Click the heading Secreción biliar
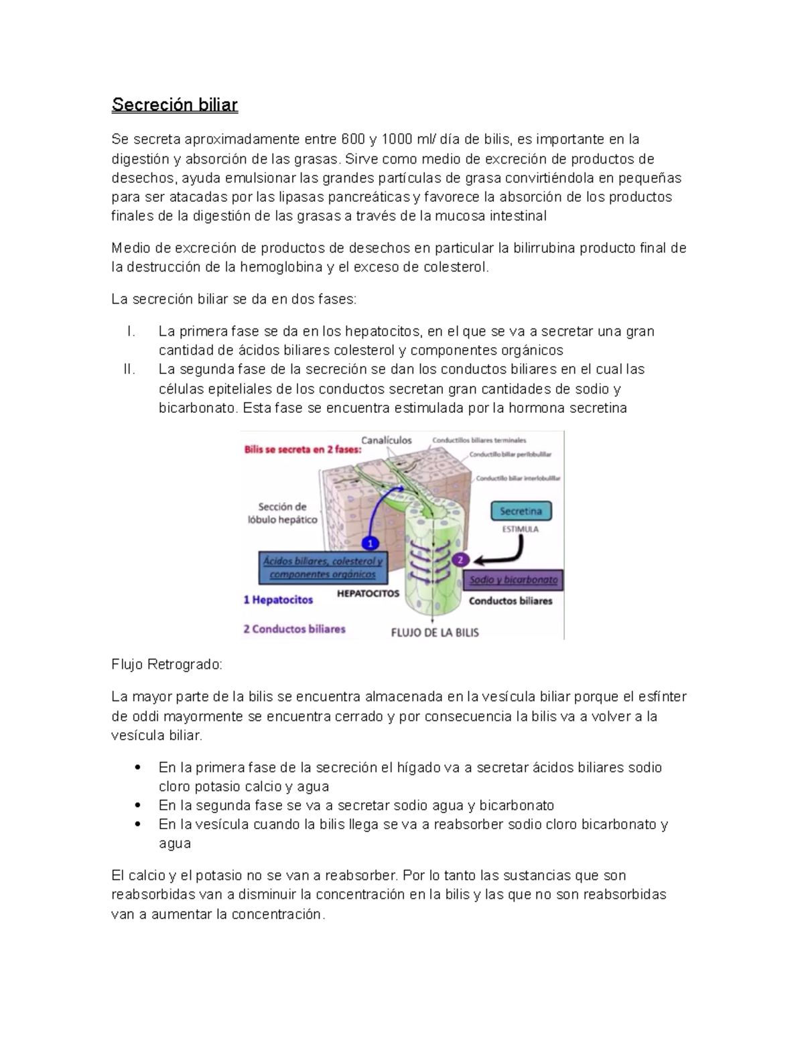point(174,105)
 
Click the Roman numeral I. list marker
point(131,332)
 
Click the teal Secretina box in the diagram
point(521,511)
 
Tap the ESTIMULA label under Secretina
point(521,529)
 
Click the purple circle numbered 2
point(460,559)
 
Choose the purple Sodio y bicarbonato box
point(513,580)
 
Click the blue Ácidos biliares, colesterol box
point(323,568)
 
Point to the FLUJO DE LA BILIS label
point(435,632)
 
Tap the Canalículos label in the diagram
point(387,440)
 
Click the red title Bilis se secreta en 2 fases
point(302,450)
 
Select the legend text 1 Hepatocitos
point(278,600)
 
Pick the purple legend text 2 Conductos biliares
point(294,629)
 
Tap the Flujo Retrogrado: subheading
point(166,665)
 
